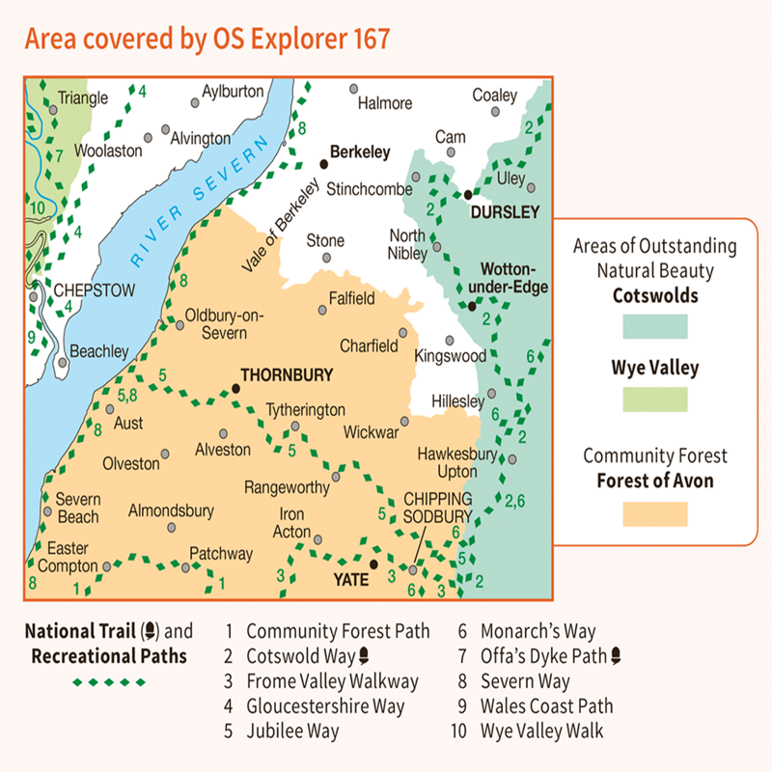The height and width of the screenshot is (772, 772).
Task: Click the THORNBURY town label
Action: [286, 375]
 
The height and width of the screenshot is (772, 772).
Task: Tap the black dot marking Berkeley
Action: [324, 163]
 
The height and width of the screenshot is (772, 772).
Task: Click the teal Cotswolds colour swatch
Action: [654, 326]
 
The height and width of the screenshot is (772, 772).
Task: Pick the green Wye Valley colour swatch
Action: [654, 399]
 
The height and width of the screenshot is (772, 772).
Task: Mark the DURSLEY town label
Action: [502, 211]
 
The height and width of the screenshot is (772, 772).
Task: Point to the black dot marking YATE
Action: [373, 565]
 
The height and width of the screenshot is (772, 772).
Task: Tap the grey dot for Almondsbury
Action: [172, 528]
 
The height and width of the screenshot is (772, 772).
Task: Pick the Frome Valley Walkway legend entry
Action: [332, 681]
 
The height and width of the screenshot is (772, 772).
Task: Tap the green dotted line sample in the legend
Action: [110, 682]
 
